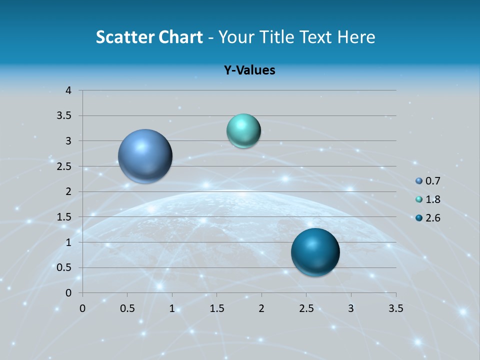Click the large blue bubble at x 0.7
tap(145, 156)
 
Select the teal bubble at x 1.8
tap(243, 131)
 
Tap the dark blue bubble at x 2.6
tap(315, 252)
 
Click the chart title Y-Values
tap(249, 70)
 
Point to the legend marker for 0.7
tap(419, 181)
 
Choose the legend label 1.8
tap(433, 199)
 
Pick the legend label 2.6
tap(433, 218)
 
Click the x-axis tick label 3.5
tap(395, 308)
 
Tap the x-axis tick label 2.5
tap(306, 308)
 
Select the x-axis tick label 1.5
tap(216, 308)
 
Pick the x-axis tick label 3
tap(351, 308)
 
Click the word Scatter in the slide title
tap(124, 37)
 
